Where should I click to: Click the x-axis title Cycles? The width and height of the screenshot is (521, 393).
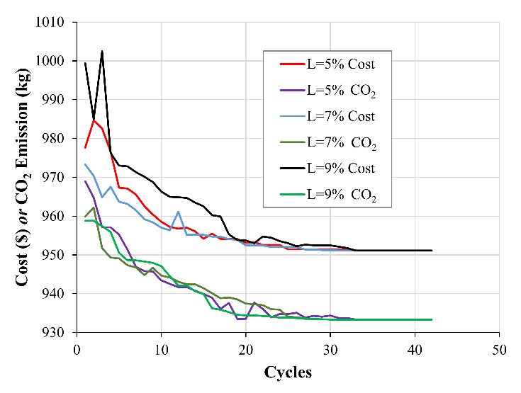(287, 372)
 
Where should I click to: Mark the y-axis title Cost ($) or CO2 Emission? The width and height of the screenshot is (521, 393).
(22, 177)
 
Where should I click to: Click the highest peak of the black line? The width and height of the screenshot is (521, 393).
(102, 51)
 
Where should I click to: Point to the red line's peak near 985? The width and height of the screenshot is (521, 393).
(94, 120)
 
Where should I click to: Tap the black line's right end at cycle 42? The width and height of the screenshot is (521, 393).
(431, 250)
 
